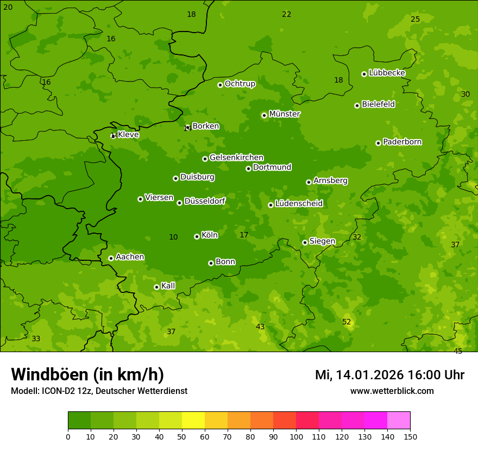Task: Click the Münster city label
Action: coord(284,114)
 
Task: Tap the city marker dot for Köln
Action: coord(197,236)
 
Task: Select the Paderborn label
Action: coord(402,142)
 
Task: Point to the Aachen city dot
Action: coord(111,258)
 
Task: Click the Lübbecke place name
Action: coord(387,73)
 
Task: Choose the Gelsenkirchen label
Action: coord(236,158)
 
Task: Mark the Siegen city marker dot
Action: coord(305,242)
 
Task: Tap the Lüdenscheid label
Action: coord(299,204)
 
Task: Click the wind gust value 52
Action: coord(347,322)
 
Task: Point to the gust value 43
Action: coord(260,327)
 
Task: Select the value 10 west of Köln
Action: coord(173,237)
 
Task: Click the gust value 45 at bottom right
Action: coord(458,351)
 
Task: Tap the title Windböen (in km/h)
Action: coord(87,374)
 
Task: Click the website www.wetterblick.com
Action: coord(392,391)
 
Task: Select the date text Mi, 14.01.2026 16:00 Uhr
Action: coord(389,375)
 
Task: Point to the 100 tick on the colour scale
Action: coord(296,436)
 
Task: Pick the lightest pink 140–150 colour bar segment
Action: coord(399,421)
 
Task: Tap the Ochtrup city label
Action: coord(240,84)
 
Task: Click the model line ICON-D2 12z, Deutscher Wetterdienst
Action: coord(99,391)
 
